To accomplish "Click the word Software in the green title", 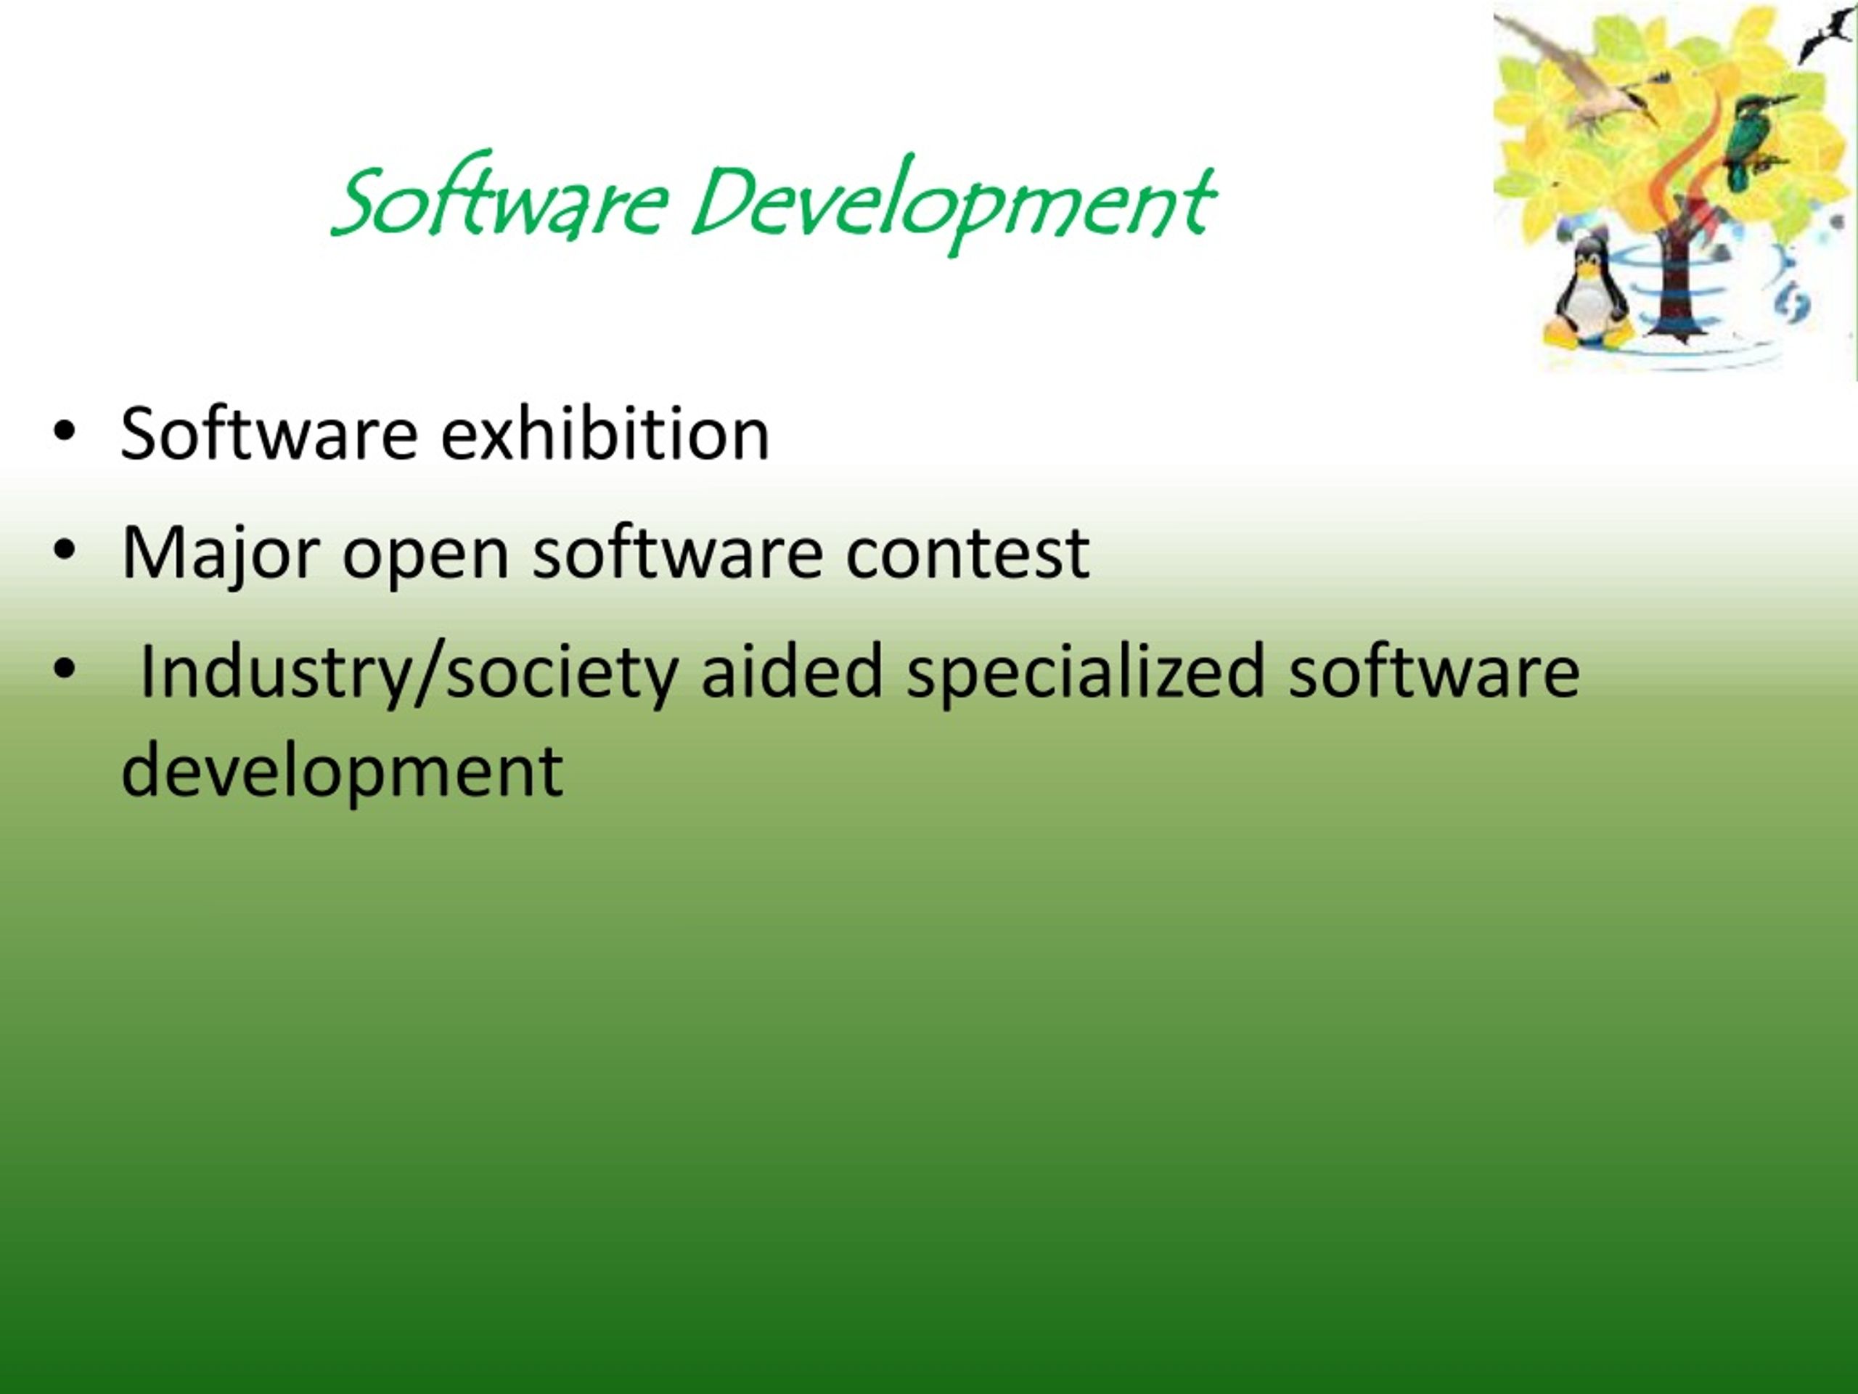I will click(501, 202).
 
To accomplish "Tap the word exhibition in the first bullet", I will click(605, 434).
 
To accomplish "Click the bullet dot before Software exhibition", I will click(64, 432).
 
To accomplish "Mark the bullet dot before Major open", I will click(64, 551).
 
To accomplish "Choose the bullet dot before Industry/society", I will click(64, 669).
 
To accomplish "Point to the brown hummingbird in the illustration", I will click(1587, 89).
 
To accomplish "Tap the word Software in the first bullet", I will click(269, 434).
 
